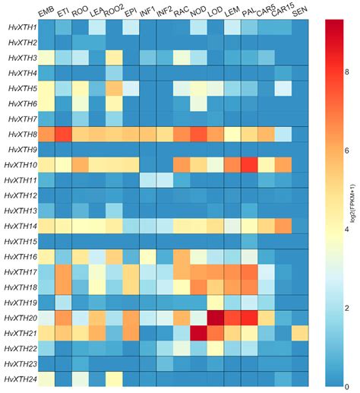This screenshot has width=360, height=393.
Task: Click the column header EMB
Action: (46, 11)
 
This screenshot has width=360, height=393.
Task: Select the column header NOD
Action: (197, 11)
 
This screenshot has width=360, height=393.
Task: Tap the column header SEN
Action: (300, 11)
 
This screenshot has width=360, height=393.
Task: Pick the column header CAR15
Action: (283, 10)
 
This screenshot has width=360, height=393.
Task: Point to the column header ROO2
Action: (114, 10)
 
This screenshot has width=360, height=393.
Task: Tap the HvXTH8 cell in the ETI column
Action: (63, 135)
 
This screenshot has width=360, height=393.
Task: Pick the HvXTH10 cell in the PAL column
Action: (248, 165)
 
